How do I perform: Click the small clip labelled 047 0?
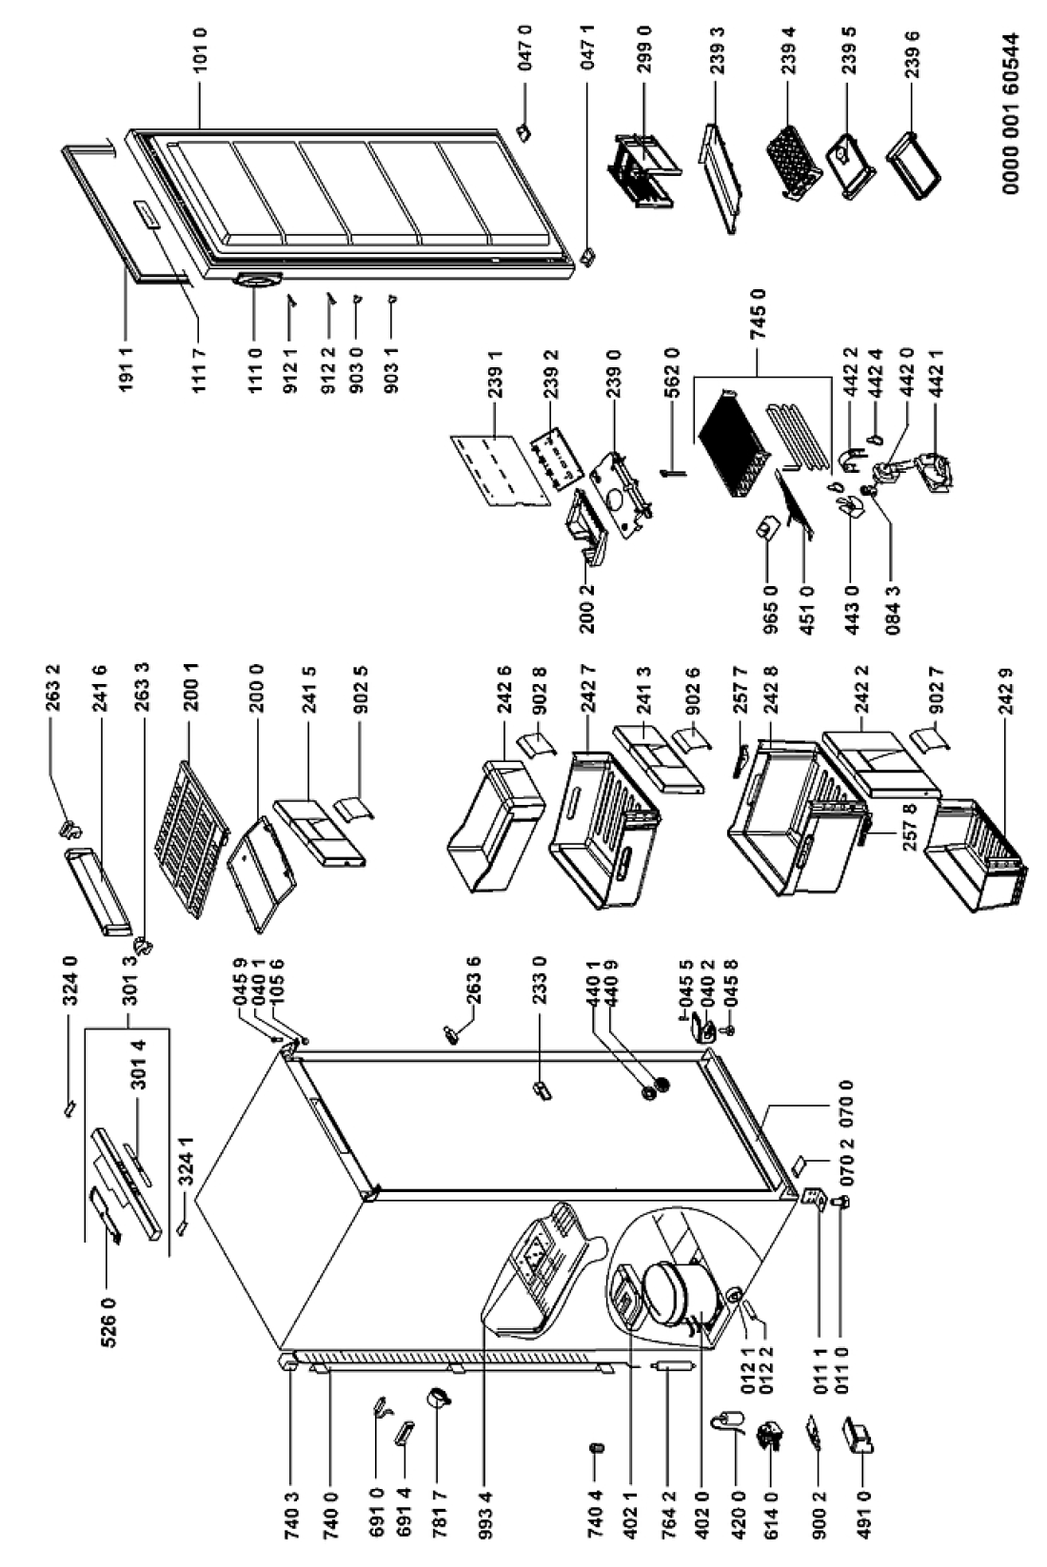point(524,130)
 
